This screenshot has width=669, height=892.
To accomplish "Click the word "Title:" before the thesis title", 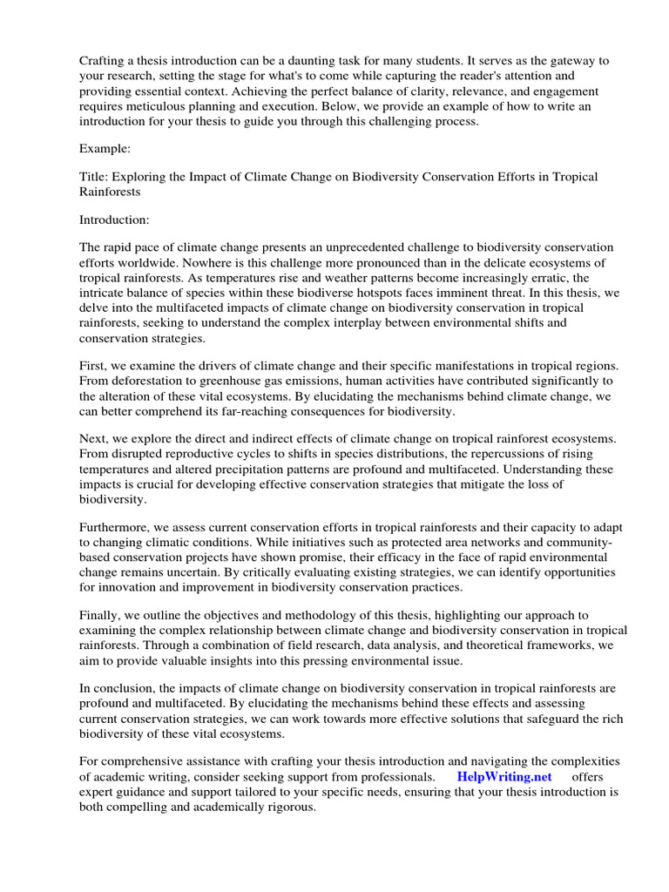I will tap(96, 176).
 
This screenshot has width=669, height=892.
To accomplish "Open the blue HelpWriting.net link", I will tap(504, 776).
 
